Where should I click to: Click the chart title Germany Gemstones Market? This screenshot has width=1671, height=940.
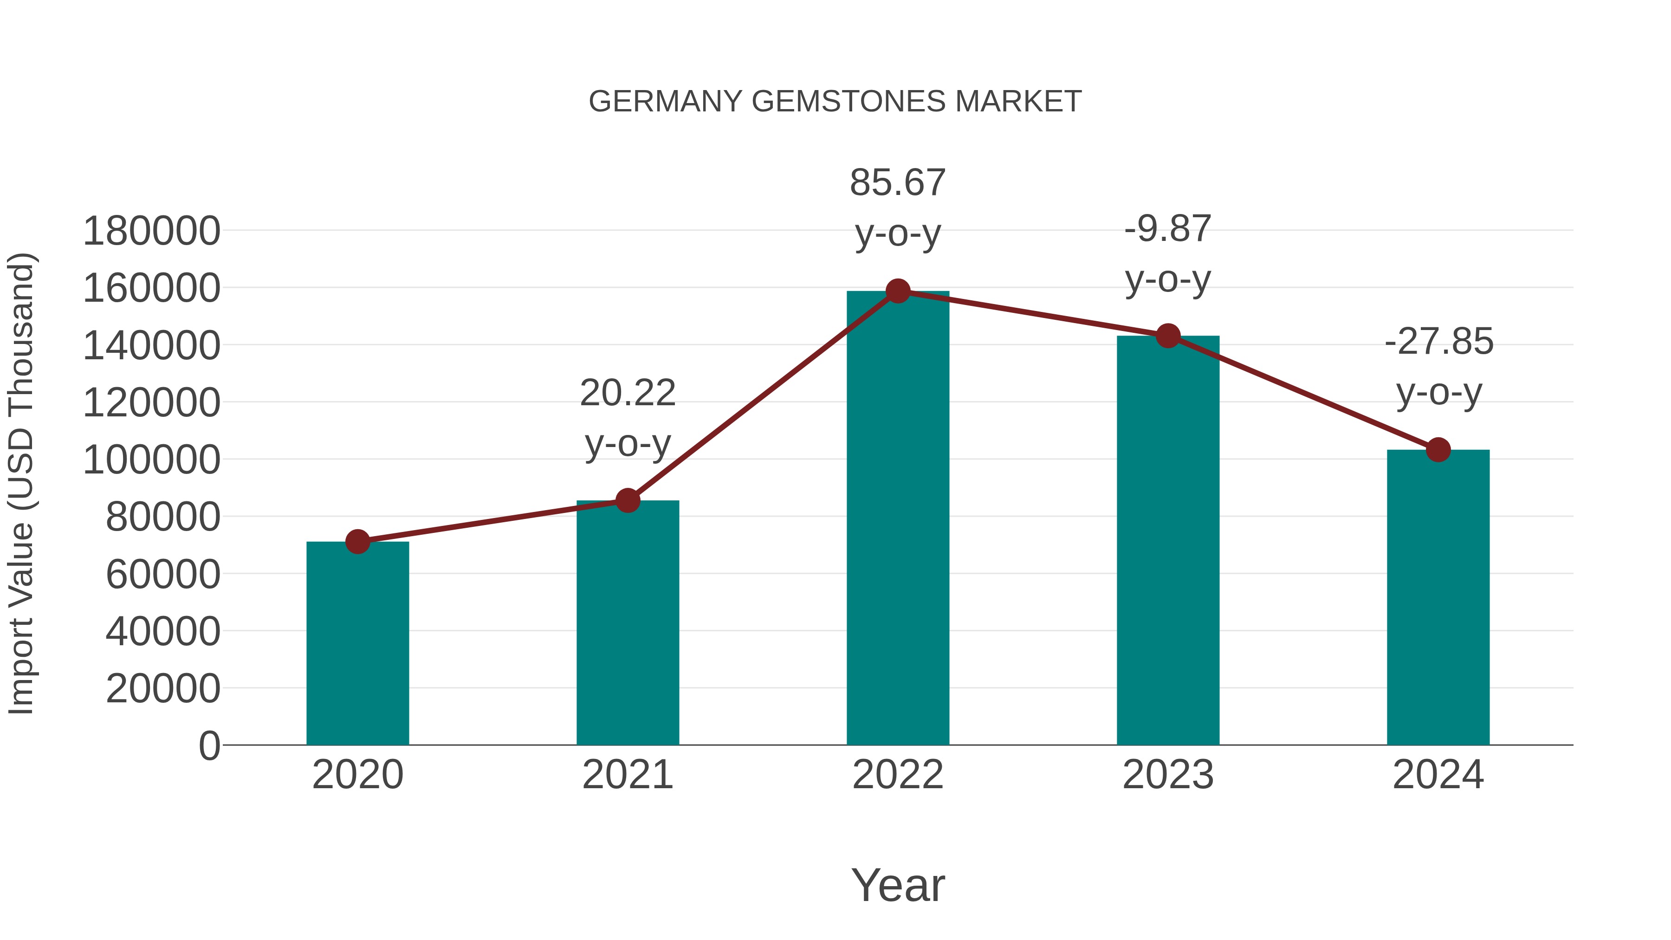[835, 102]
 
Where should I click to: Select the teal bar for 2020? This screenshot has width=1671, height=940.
[357, 642]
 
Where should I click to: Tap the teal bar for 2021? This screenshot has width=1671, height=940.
[627, 623]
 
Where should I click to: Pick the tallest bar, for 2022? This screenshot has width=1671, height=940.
[898, 519]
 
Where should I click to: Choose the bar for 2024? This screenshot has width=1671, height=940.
[1438, 597]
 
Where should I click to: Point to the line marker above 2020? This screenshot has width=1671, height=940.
[357, 541]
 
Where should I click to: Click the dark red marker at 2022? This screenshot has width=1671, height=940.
[898, 291]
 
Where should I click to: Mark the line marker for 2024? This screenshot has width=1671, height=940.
[1438, 449]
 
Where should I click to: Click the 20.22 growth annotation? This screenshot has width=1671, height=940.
[627, 418]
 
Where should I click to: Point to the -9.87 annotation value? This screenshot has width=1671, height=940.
[1168, 229]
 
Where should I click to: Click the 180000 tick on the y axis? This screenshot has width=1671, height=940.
[151, 231]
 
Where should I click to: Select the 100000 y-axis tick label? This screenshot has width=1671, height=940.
[151, 460]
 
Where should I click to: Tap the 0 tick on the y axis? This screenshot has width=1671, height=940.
[209, 746]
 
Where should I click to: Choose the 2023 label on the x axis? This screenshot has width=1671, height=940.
[1168, 775]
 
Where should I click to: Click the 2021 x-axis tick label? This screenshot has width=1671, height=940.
[627, 775]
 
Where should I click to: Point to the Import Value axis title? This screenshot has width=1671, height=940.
[21, 483]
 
